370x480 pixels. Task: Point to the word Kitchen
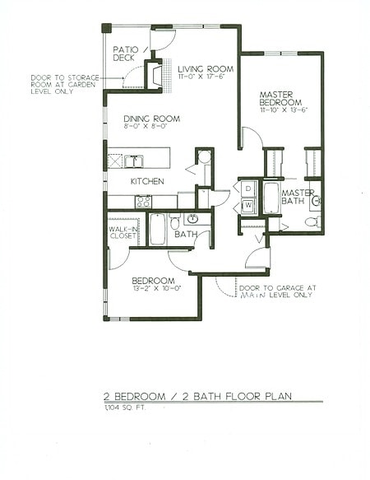tap(147, 181)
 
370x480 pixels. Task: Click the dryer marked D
tap(247, 189)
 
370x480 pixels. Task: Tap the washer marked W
tap(247, 205)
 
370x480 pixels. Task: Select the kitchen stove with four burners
tap(143, 201)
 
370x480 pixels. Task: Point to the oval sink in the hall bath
tap(192, 219)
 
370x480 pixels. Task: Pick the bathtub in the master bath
tap(271, 198)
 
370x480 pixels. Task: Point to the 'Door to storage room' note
tap(64, 82)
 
